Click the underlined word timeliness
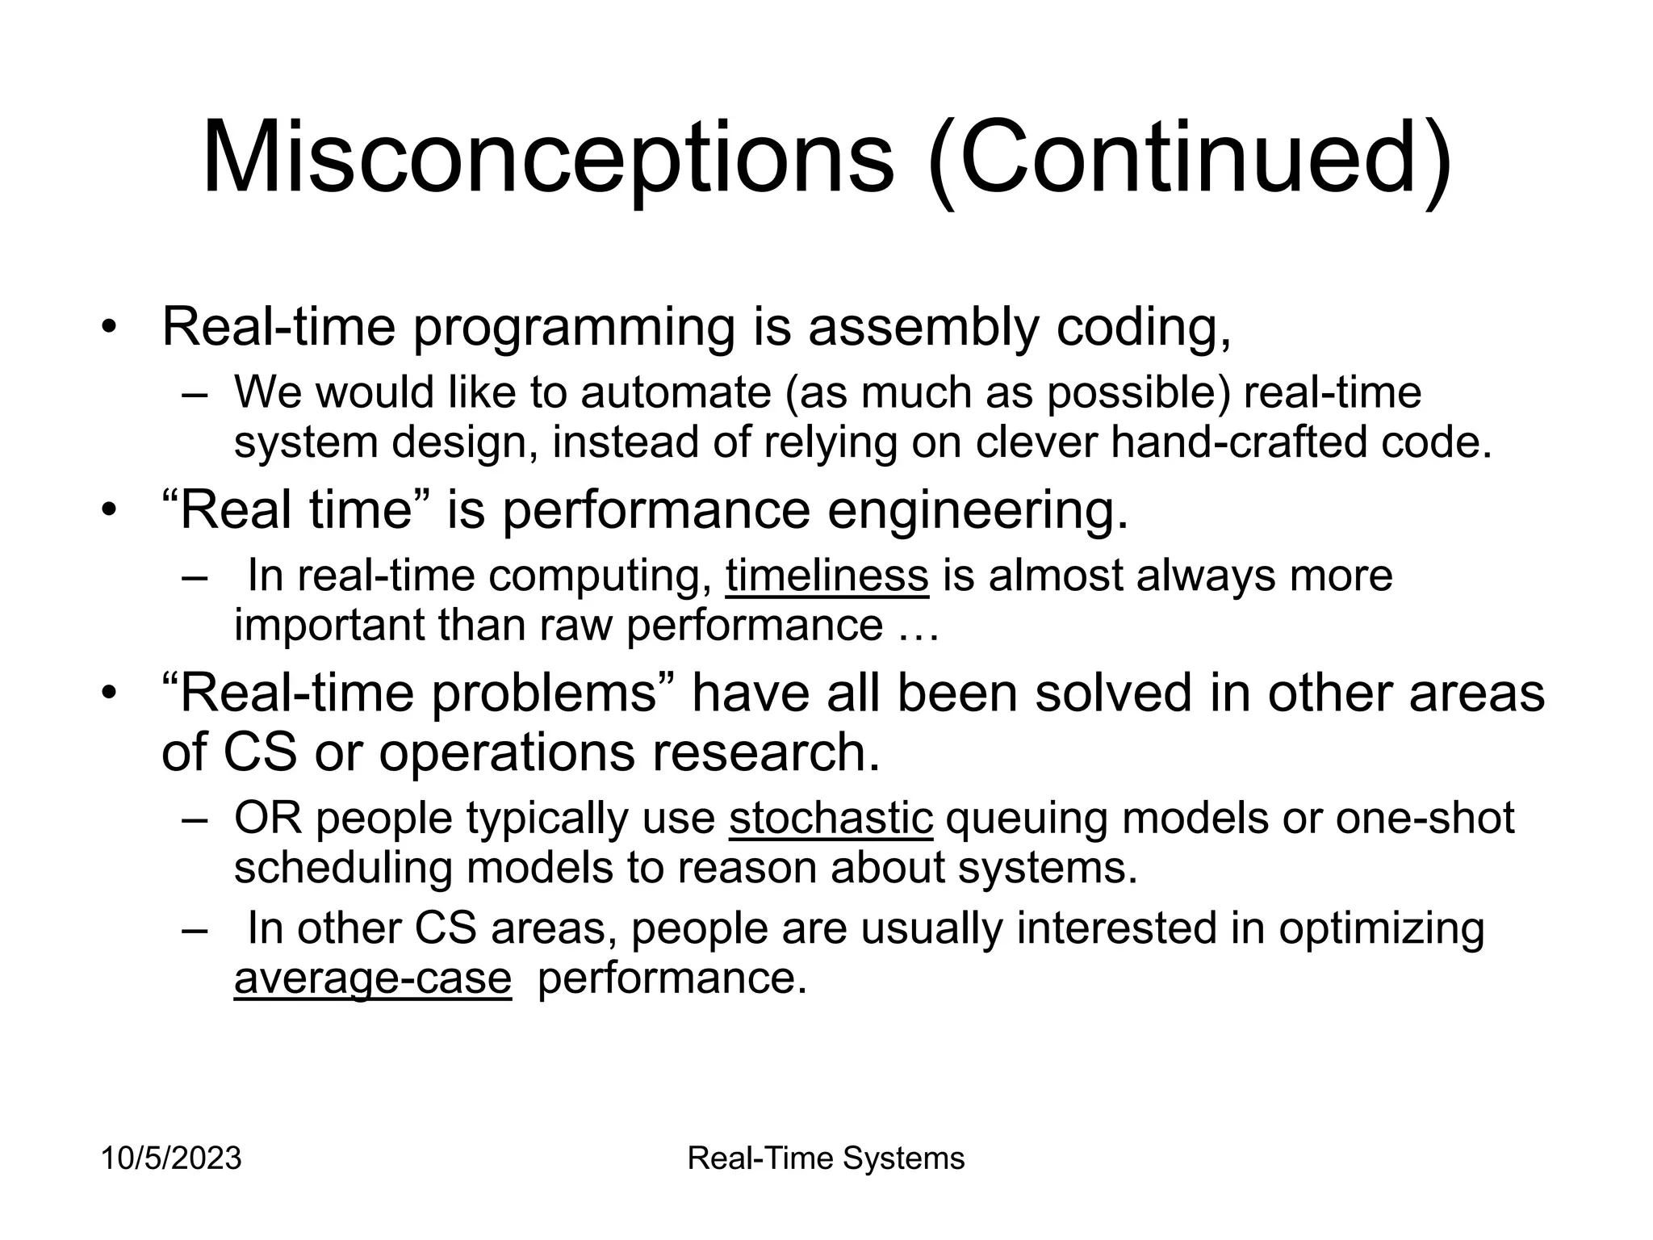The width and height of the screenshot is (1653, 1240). [x=826, y=576]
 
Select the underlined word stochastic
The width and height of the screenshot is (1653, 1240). [x=831, y=819]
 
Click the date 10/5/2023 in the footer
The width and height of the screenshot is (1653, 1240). [x=171, y=1158]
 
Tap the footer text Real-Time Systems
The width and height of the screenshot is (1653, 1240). [x=826, y=1158]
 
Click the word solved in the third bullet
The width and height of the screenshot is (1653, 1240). [x=1113, y=693]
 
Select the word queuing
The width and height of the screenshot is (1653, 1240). [x=1026, y=819]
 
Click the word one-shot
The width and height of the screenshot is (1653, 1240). [x=1425, y=819]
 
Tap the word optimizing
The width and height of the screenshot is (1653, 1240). [x=1381, y=929]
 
